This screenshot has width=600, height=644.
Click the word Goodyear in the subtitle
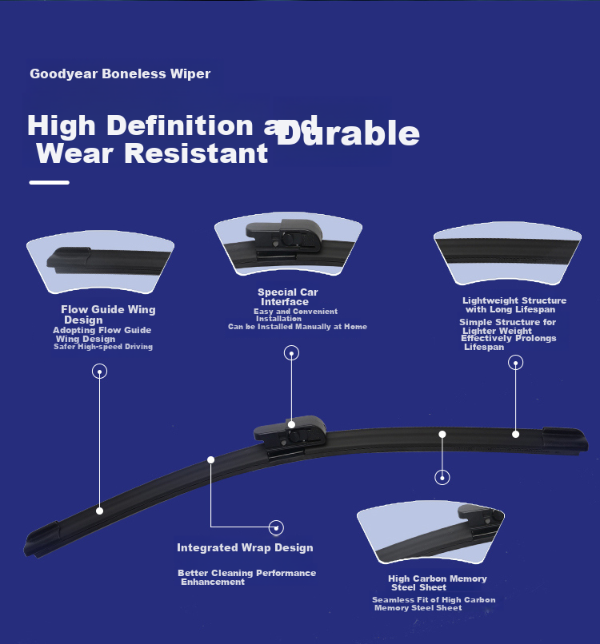(64, 74)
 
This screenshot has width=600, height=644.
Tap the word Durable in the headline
(348, 133)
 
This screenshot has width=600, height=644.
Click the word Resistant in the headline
(196, 153)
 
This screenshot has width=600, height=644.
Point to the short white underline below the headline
(50, 182)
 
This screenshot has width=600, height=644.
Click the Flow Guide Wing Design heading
(108, 315)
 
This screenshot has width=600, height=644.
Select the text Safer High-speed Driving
(103, 347)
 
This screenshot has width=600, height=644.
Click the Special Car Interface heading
(287, 297)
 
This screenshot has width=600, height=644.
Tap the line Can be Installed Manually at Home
(298, 327)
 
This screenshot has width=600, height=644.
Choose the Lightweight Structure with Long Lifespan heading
(514, 304)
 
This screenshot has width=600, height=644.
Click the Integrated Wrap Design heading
(245, 548)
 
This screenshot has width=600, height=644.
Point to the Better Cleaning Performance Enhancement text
(246, 577)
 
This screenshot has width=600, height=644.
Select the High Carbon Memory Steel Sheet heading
(438, 582)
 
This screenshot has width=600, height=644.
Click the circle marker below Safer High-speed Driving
(99, 372)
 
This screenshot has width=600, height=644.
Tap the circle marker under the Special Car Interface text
(291, 353)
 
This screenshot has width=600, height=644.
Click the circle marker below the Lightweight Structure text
(516, 363)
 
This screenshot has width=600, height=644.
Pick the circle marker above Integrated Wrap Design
(276, 528)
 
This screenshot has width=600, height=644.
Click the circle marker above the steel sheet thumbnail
(442, 477)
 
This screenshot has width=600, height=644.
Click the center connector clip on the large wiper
(290, 436)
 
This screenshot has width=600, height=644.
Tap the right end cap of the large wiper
(565, 440)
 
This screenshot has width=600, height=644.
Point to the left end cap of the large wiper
(42, 539)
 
